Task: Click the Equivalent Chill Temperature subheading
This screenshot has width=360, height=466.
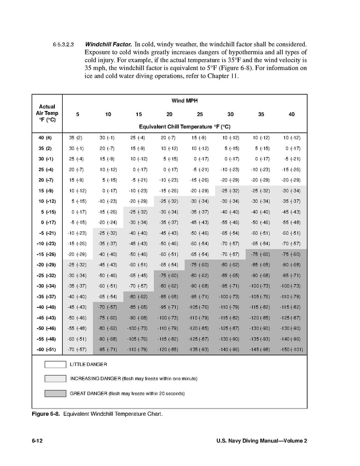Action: point(184,126)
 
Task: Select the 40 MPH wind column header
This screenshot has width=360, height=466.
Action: point(292,114)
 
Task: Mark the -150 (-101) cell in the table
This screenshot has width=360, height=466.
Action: point(292,349)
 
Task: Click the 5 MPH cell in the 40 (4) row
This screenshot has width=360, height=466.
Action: point(76,138)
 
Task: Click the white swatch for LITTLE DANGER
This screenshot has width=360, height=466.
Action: point(54,364)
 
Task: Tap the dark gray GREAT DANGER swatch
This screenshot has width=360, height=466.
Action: point(54,393)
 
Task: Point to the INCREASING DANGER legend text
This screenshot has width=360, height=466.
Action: point(134,379)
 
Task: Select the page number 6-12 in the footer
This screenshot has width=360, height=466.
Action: point(38,441)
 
